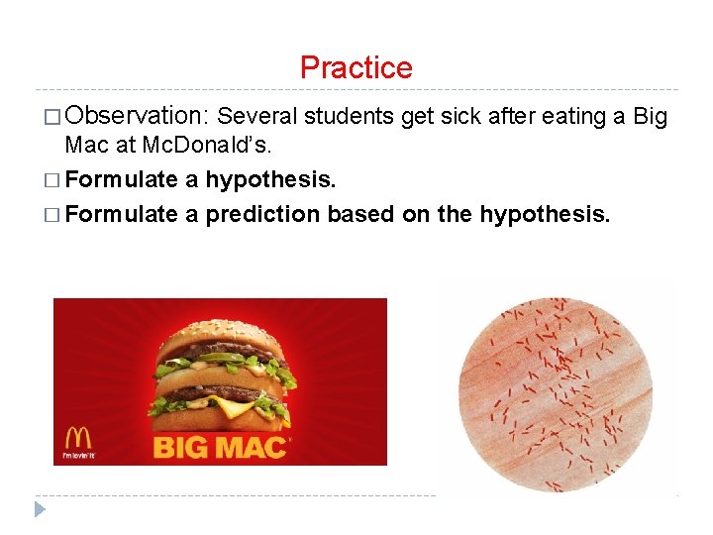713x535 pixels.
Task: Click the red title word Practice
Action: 356,67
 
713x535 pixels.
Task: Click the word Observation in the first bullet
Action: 138,117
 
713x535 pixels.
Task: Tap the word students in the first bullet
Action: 350,117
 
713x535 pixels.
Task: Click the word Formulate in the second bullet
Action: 121,180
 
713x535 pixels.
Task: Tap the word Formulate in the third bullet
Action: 121,214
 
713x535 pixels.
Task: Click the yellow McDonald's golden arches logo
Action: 78,438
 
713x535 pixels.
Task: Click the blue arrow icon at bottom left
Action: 40,509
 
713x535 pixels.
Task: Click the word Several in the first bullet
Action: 257,117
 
